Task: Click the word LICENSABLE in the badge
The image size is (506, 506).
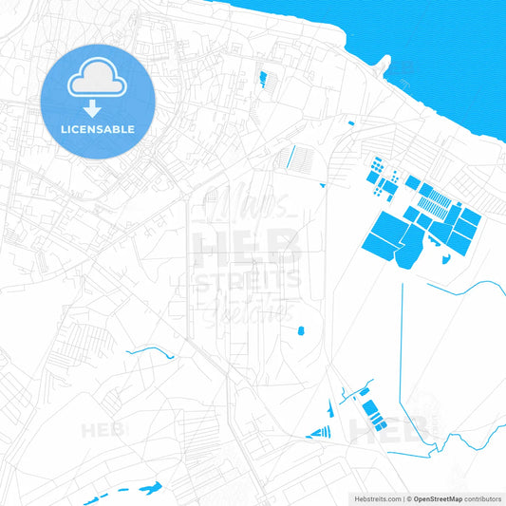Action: [x=98, y=128]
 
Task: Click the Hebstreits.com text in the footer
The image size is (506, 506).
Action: [x=377, y=497]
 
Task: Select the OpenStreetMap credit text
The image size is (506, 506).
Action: [x=436, y=497]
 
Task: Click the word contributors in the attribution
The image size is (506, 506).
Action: [x=482, y=497]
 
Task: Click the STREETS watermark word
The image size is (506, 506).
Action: [x=247, y=280]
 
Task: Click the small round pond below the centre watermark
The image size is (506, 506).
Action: [x=301, y=330]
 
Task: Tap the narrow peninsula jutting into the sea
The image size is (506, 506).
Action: [x=382, y=65]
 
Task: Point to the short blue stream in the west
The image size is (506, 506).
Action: [x=152, y=352]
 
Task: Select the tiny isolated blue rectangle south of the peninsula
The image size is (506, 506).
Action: [x=350, y=122]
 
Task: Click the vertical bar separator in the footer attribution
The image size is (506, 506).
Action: [x=405, y=497]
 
